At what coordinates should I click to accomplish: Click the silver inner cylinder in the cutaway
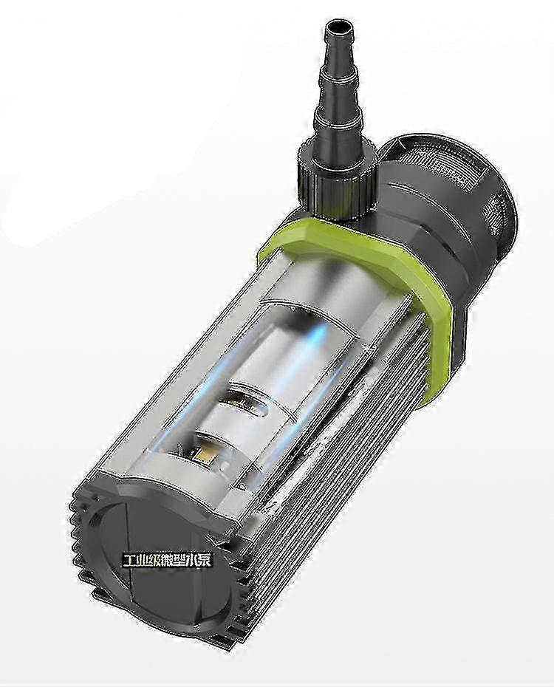pos(281,355)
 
